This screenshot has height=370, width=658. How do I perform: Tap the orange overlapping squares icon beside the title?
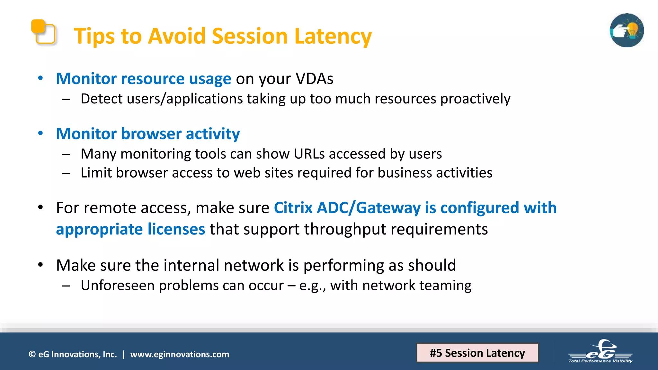click(43, 32)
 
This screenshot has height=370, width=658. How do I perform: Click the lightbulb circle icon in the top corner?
click(627, 31)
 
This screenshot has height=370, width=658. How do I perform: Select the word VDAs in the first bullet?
click(314, 79)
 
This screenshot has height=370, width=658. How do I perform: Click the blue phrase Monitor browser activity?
click(148, 134)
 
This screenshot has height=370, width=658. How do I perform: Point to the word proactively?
click(475, 99)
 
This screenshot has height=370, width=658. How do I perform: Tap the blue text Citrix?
click(293, 208)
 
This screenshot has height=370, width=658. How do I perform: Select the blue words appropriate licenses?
click(130, 229)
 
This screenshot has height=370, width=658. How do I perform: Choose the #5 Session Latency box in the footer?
click(477, 353)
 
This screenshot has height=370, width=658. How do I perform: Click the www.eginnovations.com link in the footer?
click(180, 354)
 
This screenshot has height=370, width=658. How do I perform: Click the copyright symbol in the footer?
click(32, 354)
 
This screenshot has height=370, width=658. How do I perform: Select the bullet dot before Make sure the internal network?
click(40, 265)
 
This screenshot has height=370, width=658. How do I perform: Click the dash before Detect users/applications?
click(66, 99)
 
